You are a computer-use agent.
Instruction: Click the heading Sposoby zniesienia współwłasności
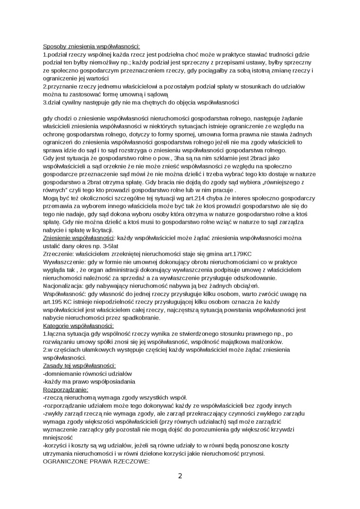91,47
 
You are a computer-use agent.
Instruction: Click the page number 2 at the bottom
180,475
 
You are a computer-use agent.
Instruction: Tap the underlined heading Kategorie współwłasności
78,326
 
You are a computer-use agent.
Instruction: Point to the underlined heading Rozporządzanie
65,390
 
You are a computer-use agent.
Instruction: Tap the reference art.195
51,302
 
